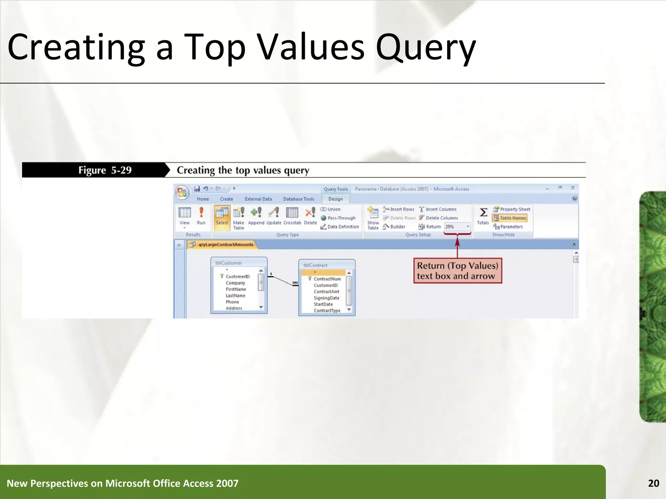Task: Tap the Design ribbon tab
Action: [x=335, y=199]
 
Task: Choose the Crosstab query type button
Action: [x=292, y=216]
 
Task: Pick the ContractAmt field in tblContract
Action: [x=326, y=292]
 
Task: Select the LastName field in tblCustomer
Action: [x=235, y=296]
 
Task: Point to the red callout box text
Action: [x=457, y=271]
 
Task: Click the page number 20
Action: [x=653, y=483]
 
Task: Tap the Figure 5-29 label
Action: [x=105, y=170]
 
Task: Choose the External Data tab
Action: [x=258, y=199]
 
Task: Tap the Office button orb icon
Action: [x=182, y=193]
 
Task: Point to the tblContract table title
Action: [x=315, y=265]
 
